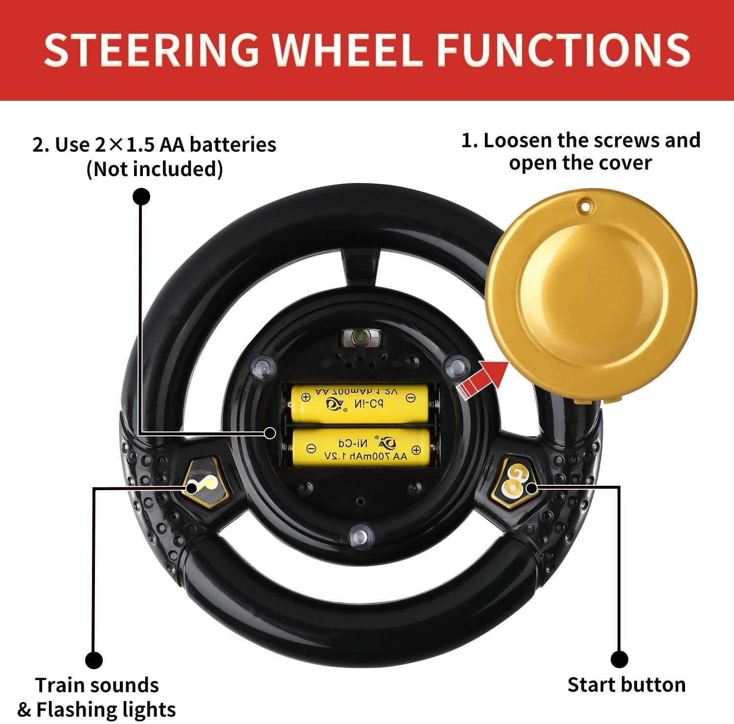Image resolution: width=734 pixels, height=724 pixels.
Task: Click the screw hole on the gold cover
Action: tap(583, 206)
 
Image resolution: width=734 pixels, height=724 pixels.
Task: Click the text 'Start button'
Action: tap(626, 684)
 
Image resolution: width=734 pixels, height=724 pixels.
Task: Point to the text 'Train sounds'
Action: tap(97, 685)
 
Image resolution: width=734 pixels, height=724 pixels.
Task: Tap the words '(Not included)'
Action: tap(155, 169)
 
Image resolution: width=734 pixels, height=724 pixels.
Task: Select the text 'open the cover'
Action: tap(580, 162)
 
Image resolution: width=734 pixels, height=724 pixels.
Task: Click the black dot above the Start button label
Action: tap(619, 658)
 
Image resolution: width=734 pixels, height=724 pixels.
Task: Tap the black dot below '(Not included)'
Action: tap(141, 196)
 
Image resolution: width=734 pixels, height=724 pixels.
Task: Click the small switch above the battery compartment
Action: tap(359, 337)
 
